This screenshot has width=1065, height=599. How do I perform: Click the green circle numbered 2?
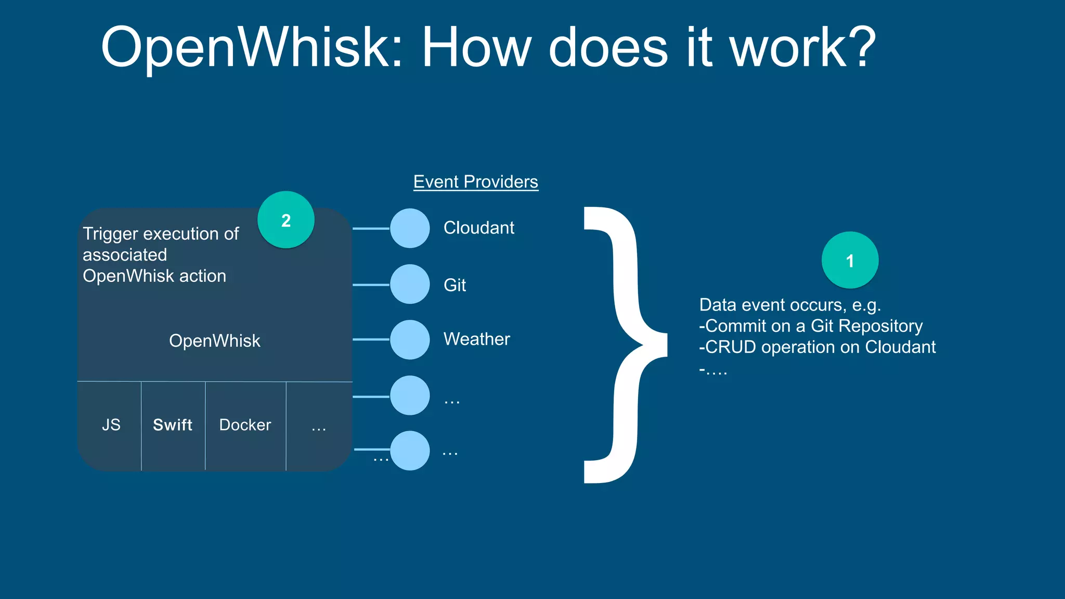click(x=285, y=220)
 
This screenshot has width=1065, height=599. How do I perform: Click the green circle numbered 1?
click(x=850, y=260)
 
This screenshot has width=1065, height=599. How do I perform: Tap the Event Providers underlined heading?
click(x=475, y=181)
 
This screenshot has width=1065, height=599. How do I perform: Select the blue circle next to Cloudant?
click(x=410, y=228)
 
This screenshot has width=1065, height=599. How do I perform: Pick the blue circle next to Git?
click(x=410, y=284)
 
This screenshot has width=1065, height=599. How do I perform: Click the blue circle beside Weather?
click(x=410, y=340)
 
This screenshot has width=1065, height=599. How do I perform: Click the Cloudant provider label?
click(x=478, y=228)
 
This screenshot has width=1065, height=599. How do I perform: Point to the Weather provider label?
click(x=476, y=339)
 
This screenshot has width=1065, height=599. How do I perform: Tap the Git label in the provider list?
click(x=454, y=285)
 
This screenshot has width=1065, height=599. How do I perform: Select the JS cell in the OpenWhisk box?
click(x=111, y=425)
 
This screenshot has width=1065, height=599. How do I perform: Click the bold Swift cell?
click(x=173, y=425)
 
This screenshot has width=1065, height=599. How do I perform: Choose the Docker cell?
click(x=245, y=425)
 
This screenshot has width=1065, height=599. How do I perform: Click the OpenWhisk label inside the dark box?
click(x=214, y=341)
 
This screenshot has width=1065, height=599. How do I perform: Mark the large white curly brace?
click(x=624, y=343)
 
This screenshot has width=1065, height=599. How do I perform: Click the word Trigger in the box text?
click(x=110, y=234)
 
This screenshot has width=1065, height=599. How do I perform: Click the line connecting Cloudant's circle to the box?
click(x=371, y=228)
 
